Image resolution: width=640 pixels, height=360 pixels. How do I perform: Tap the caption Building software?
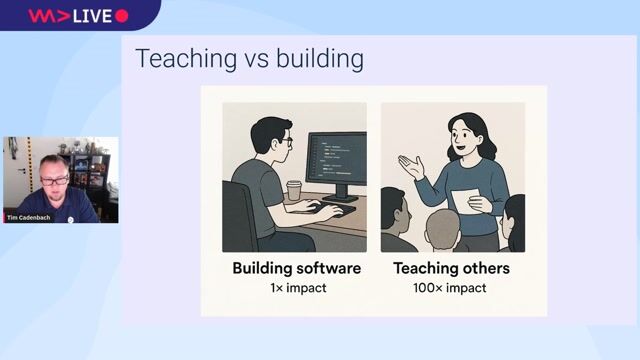pos(296,268)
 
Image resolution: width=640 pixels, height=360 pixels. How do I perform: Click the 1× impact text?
pos(296,288)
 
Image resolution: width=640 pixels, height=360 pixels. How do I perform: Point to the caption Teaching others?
pos(451,268)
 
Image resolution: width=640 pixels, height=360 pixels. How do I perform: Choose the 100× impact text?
pos(451,288)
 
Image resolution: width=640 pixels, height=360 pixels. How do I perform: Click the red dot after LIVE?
pos(122,16)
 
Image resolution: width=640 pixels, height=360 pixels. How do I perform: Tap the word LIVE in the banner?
pos(92,16)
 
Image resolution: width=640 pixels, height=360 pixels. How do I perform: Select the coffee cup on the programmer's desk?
pos(294,189)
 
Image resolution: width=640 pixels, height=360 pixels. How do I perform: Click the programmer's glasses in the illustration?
pos(285,142)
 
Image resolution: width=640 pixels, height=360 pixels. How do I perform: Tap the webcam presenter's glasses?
pos(56,180)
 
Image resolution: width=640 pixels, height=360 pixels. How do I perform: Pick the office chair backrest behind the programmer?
pos(240,214)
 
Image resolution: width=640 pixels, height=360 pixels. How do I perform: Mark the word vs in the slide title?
pos(241,59)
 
